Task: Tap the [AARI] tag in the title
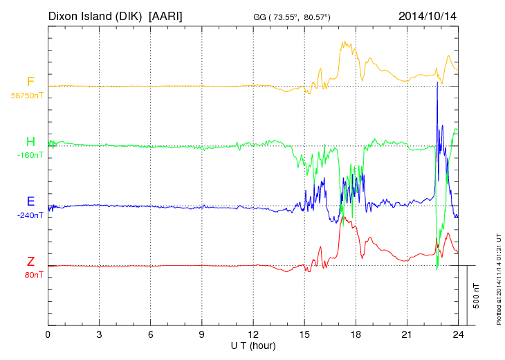pos(166,15)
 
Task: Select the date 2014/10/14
pos(428,15)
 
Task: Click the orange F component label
pos(30,82)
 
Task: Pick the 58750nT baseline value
pos(26,95)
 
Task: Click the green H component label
pos(30,142)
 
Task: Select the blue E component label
pos(30,202)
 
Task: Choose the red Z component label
pos(30,262)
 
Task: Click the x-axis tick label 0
pos(48,334)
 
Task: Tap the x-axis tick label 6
pos(151,334)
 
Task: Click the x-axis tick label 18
pos(356,334)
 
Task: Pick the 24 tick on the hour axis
pos(458,334)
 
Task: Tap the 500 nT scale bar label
pos(477,295)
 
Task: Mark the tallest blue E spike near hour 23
pos(437,84)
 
